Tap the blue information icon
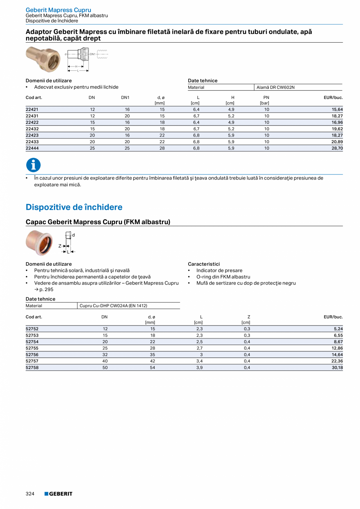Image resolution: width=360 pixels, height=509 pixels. [x=33, y=165]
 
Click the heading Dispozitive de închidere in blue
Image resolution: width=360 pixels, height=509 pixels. [x=74, y=207]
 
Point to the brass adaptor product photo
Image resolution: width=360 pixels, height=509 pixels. [x=43, y=59]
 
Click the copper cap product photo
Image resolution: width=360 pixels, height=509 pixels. [x=39, y=243]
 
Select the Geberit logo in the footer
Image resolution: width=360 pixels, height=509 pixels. [x=58, y=494]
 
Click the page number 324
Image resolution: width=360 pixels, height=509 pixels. [x=30, y=494]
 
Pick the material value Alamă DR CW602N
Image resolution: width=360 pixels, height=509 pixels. [x=275, y=87]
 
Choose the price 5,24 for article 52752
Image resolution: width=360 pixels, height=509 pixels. [x=338, y=329]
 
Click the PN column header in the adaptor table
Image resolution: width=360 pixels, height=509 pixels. [x=266, y=97]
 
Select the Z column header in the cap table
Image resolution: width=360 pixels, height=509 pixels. [x=249, y=317]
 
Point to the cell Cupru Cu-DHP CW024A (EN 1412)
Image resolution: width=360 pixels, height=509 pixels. [x=113, y=306]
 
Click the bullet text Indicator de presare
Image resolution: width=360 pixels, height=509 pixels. [x=219, y=270]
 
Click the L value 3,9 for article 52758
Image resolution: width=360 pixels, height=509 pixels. [x=200, y=368]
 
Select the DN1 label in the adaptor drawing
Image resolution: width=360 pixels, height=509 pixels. [x=93, y=54]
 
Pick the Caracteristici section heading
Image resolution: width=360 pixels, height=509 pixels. [x=203, y=264]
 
